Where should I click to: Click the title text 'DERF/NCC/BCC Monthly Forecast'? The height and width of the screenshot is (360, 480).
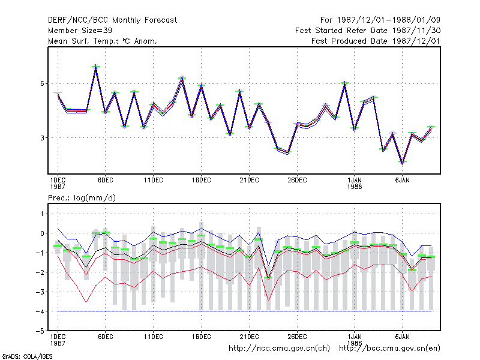[x=112, y=20]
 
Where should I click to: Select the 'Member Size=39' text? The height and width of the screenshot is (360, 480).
[x=80, y=31]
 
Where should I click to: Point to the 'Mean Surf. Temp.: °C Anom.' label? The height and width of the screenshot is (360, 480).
[x=102, y=41]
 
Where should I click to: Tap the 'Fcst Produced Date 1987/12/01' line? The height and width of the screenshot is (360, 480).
[x=376, y=41]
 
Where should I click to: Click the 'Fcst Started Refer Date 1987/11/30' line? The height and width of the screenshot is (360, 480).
[x=368, y=31]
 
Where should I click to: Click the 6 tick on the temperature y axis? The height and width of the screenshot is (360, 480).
[x=42, y=83]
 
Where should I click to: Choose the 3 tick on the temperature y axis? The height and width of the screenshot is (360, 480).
[x=42, y=138]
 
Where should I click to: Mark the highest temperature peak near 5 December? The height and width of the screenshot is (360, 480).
[x=96, y=66]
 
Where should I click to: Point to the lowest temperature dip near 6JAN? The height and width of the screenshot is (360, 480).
[x=403, y=163]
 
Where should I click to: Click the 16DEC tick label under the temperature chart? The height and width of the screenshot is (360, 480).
[x=201, y=181]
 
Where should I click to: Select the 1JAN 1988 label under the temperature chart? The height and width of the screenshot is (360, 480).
[x=355, y=184]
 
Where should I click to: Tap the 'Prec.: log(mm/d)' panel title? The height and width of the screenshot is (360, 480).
[x=82, y=198]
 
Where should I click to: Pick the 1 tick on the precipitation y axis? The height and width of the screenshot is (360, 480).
[x=43, y=214]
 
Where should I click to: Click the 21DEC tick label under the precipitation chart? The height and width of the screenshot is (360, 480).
[x=249, y=337]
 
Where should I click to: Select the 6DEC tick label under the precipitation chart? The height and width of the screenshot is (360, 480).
[x=106, y=337]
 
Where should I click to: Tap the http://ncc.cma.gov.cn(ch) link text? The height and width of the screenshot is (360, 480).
[x=279, y=349]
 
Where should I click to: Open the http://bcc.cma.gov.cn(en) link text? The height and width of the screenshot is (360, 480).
[x=389, y=349]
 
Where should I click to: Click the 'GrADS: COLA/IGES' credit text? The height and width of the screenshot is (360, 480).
[x=27, y=356]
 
